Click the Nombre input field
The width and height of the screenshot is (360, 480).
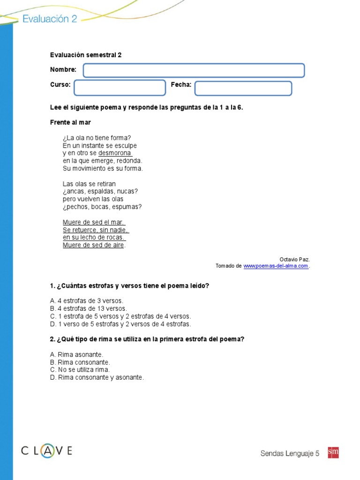194,70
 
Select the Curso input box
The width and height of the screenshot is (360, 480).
120,88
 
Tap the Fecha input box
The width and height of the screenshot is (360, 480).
243,88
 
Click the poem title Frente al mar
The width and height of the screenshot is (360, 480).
70,122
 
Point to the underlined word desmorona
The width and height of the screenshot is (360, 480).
115,153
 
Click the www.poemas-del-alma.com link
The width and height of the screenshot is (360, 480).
276,266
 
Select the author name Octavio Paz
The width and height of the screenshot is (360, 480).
294,259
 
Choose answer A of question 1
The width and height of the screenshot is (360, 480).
86,300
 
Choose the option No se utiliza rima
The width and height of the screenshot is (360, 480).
80,370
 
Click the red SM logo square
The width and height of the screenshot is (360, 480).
333,452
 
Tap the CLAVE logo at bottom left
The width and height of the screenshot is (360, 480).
46,451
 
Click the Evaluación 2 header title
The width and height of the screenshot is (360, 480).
50,19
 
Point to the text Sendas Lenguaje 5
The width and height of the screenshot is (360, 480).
290,453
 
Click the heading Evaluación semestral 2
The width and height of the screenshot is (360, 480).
86,55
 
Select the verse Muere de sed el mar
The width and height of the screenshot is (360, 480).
94,222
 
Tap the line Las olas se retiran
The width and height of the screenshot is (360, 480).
89,184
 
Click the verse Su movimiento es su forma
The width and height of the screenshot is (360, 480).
103,168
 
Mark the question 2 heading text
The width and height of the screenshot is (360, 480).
147,339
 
